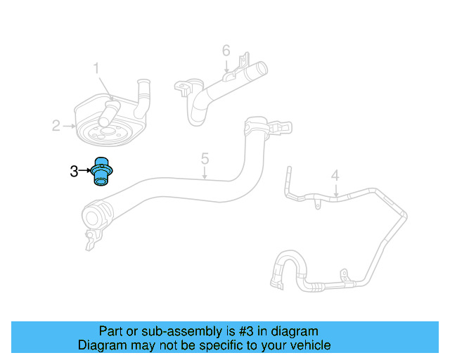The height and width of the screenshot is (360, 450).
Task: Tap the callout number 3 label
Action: [74, 171]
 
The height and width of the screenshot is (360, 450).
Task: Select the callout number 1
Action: [97, 68]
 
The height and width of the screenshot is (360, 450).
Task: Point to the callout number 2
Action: [56, 126]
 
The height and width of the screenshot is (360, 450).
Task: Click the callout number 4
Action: [335, 175]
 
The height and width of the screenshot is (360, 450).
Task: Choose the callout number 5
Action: [205, 158]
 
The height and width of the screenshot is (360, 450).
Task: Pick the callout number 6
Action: [226, 51]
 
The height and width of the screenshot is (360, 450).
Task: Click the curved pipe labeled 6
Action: [211, 91]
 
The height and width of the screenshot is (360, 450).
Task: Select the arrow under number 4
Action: [336, 190]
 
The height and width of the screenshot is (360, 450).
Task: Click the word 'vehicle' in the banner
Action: [309, 345]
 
